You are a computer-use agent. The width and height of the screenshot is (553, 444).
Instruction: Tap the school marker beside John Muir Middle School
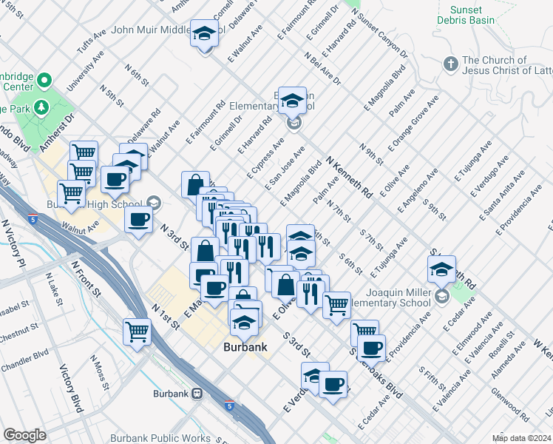pyautogui.click(x=203, y=34)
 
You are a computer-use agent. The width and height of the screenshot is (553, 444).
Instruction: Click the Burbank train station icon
pyautogui.click(x=197, y=394)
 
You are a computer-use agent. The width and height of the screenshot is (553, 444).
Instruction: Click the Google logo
pyautogui.click(x=24, y=435)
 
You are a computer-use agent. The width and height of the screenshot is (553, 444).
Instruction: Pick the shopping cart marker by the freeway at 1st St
pyautogui.click(x=138, y=331)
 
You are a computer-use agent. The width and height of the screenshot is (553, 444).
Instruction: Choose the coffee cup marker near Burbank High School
pyautogui.click(x=138, y=220)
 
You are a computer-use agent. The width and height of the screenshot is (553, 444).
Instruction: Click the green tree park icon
pyautogui.click(x=41, y=107)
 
